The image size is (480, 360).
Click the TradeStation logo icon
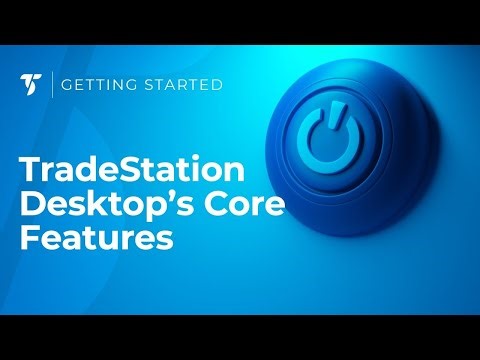pos(30,85)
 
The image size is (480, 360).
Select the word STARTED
pos(183,85)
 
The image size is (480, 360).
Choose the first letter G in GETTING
pos(67,85)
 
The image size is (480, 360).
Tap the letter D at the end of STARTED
pos(216,85)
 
